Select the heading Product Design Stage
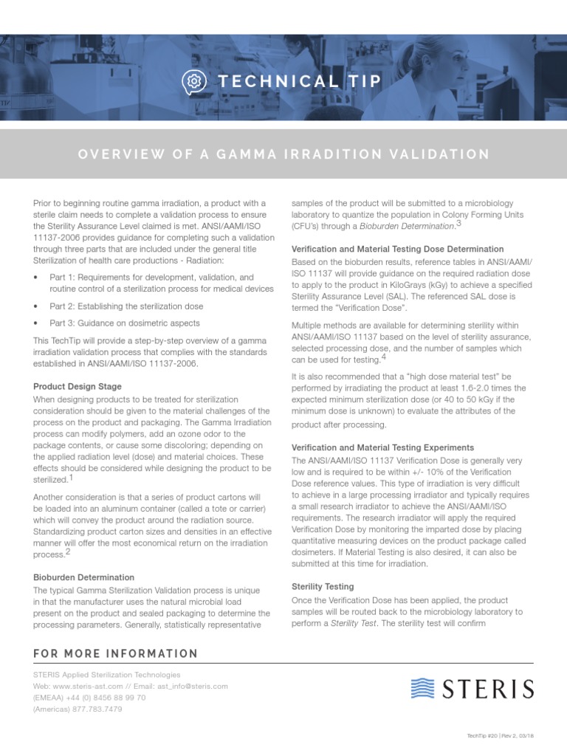(x=78, y=387)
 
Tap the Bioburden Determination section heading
(x=84, y=577)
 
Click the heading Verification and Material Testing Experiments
(x=383, y=448)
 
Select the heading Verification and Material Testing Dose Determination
(x=398, y=250)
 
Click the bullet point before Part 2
(x=38, y=306)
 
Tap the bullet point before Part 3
(x=38, y=323)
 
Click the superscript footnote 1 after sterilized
(x=70, y=478)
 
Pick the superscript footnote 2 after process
(x=68, y=551)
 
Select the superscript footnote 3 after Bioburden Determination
(x=458, y=224)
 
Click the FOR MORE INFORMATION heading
(x=116, y=653)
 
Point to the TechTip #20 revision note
(x=501, y=736)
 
